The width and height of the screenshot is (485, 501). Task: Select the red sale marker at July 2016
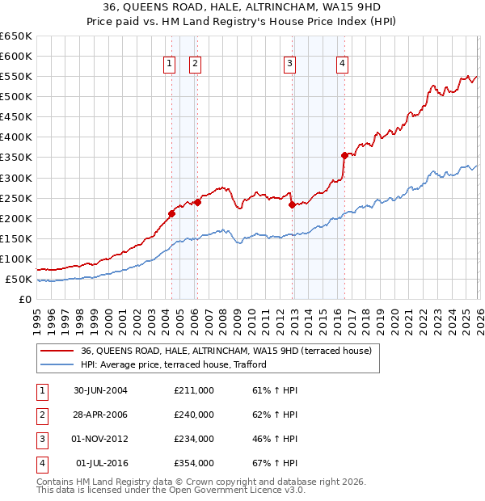(344, 155)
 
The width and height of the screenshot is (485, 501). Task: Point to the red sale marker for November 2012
(292, 204)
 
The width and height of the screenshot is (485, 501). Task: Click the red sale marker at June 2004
(171, 213)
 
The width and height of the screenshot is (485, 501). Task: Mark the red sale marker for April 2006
(197, 202)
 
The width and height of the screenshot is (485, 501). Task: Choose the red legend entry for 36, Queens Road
(226, 351)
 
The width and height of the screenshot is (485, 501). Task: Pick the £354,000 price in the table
(194, 463)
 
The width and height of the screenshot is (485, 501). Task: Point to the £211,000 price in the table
(194, 390)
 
